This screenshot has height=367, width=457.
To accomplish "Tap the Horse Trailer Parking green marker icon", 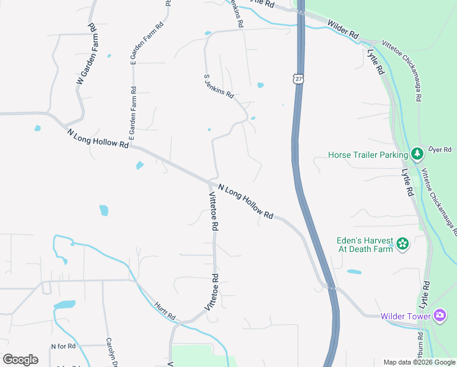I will pos(417,154).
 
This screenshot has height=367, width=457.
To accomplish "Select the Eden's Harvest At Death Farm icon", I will pos(402,245).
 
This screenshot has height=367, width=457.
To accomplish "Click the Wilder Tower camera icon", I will pos(440,316).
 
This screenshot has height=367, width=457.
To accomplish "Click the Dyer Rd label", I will pos(439,149).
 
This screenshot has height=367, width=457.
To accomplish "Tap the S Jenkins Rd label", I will pos(218,87).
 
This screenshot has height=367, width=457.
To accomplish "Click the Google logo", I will pos(20,360).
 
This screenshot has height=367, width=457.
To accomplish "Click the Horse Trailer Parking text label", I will pos(367,155).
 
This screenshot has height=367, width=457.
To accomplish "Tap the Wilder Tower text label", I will pos(406,316).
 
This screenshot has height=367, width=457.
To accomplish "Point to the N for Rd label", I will pos(63,346).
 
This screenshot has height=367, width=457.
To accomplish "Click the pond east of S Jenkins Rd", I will pos(260,85).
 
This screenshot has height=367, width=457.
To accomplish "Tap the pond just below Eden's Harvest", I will pos(354,272).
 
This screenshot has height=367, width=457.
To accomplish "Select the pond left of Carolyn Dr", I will pos(64,305).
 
